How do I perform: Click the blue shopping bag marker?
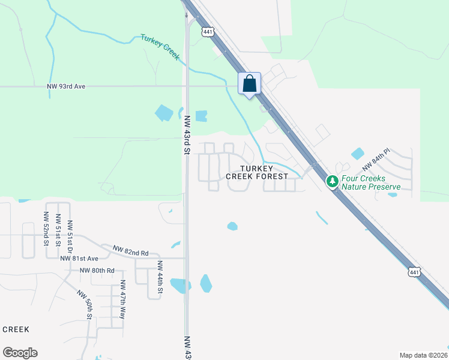250,84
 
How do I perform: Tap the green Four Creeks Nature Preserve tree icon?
332,181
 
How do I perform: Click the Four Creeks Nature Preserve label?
370,182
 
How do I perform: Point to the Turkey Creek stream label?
160,46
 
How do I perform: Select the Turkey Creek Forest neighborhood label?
261,173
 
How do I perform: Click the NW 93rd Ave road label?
66,86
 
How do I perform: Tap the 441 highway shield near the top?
208,32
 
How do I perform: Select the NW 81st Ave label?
79,259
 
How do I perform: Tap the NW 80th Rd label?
97,271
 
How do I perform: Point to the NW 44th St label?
160,277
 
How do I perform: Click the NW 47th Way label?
122,299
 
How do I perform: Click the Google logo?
20,353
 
